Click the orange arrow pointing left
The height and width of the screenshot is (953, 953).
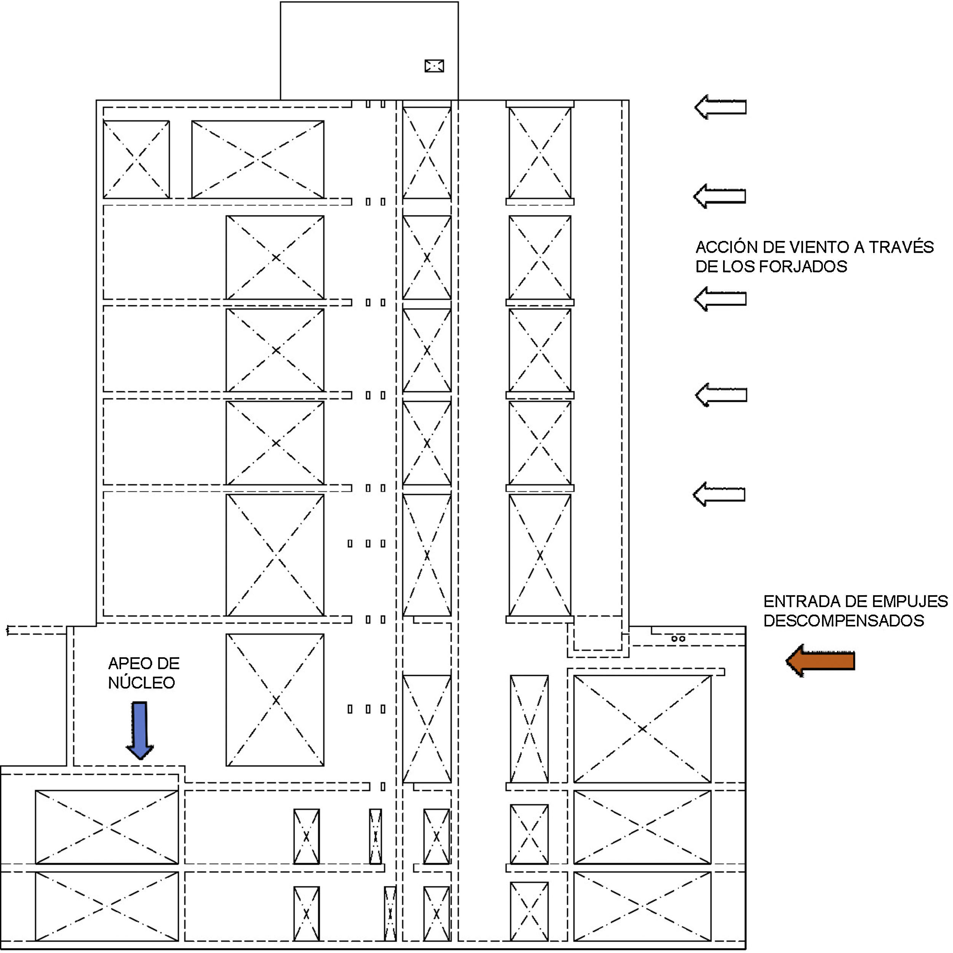point(820,660)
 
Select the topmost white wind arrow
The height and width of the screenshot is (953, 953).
point(720,107)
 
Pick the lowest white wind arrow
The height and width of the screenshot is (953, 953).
point(719,494)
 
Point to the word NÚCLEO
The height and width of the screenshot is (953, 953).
point(142,683)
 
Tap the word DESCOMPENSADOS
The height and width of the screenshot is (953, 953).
point(843,620)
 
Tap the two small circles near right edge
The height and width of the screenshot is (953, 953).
point(678,639)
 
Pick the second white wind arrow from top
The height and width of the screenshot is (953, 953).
point(719,196)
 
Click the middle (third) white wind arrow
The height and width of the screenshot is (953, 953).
point(720,298)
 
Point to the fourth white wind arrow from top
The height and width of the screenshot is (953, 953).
point(721,395)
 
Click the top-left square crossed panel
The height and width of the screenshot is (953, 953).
point(136,159)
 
